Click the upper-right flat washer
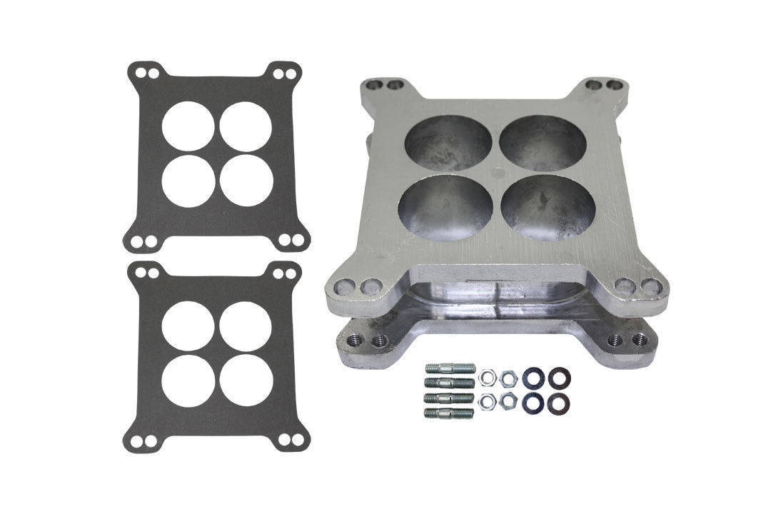click(561, 376)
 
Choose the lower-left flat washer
click(531, 403)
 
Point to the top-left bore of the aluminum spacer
click(448, 143)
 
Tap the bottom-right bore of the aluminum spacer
click(548, 207)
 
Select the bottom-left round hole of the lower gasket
click(188, 381)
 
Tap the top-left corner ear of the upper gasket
click(144, 74)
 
